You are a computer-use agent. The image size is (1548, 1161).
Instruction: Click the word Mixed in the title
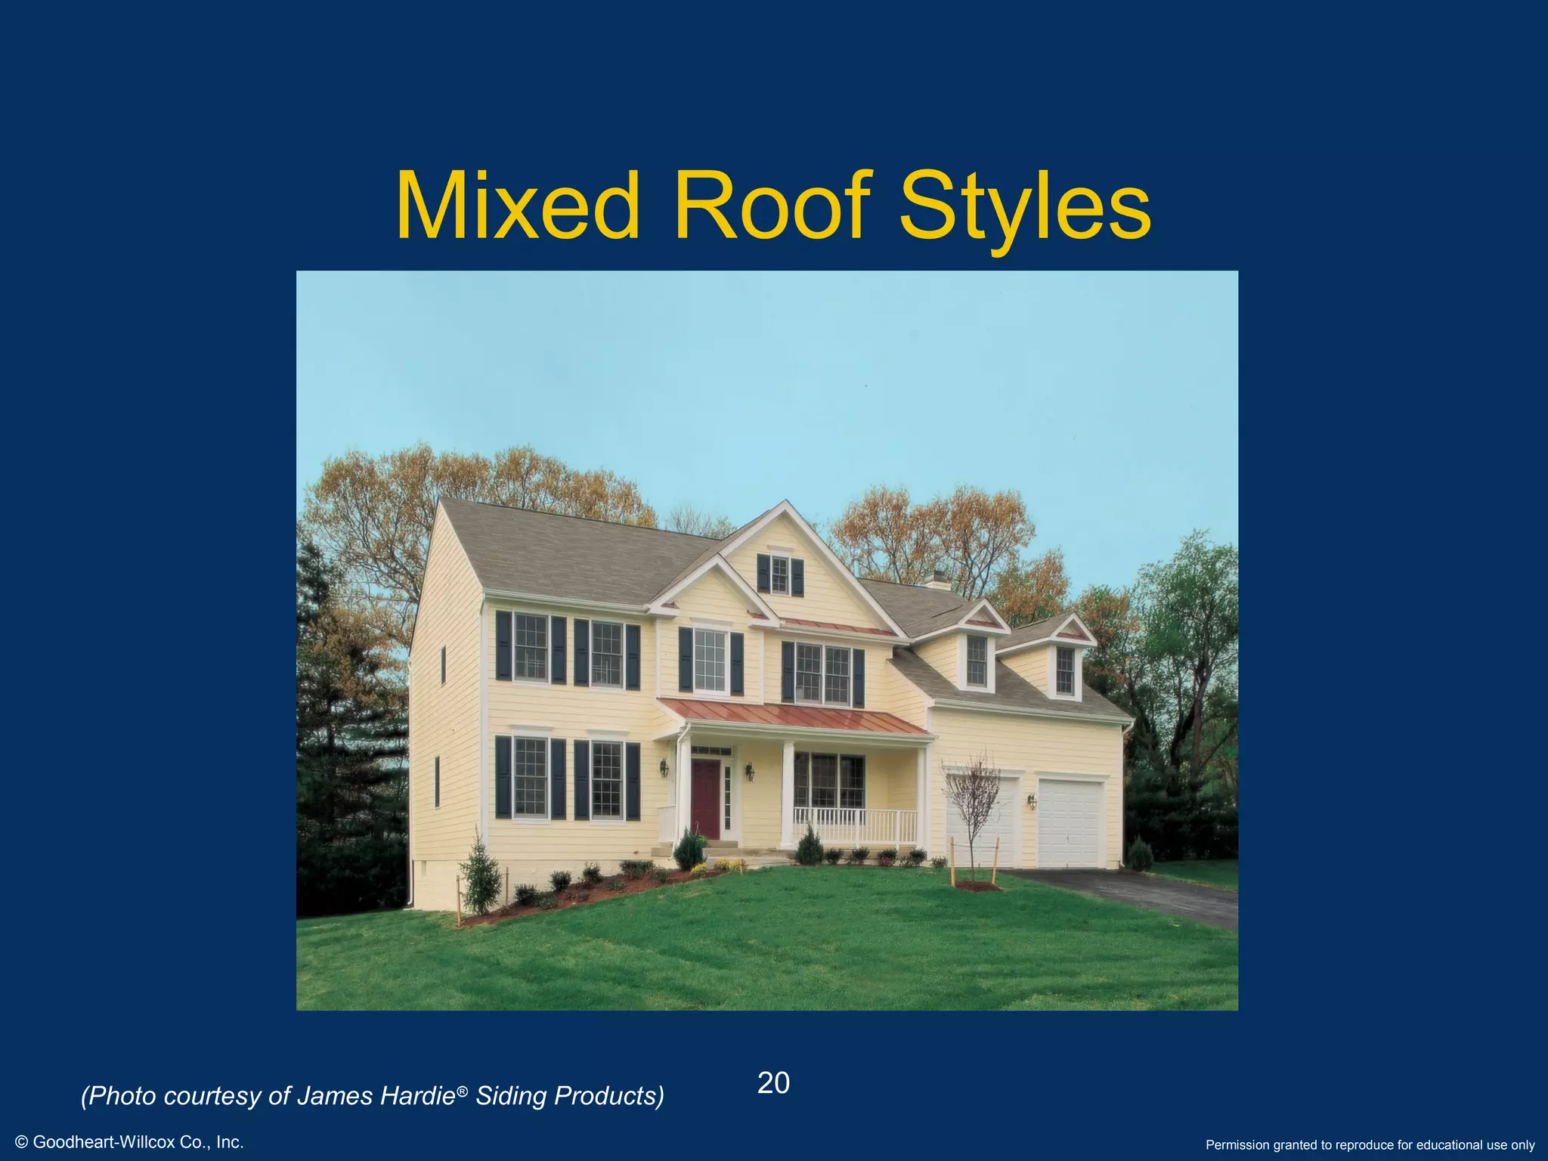(517, 206)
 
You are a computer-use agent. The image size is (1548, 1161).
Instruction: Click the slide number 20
(773, 1083)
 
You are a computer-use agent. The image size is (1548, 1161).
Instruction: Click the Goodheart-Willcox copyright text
(129, 1142)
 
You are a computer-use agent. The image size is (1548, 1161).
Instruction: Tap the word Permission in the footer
(1240, 1145)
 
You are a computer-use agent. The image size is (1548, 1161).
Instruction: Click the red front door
(705, 798)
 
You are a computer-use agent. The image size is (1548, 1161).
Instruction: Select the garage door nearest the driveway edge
(1070, 823)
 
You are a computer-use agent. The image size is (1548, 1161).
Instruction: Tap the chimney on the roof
(938, 580)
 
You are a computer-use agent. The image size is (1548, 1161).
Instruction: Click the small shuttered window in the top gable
(780, 575)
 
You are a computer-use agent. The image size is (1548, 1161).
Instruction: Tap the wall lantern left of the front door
(664, 768)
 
